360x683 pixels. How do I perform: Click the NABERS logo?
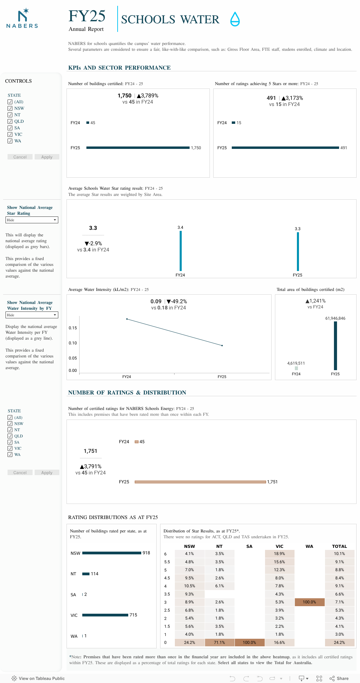tap(22, 19)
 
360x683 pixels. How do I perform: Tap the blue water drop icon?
tap(235, 19)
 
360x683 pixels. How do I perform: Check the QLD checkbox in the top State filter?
tap(10, 121)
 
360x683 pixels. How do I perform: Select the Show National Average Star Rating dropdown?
tap(32, 220)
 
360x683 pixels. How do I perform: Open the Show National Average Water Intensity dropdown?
tap(32, 315)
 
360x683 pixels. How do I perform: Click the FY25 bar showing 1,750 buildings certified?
tap(138, 148)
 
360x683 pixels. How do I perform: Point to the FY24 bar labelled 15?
tap(233, 123)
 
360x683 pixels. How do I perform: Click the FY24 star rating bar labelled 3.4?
tap(181, 251)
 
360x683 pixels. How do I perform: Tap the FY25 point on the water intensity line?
tap(222, 345)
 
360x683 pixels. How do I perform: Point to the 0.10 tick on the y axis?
tap(73, 343)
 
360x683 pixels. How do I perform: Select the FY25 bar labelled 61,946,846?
tap(335, 345)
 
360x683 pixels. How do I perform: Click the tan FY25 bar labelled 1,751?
tap(200, 482)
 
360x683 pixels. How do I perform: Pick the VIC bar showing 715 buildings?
tap(105, 615)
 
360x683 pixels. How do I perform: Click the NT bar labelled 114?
tap(86, 574)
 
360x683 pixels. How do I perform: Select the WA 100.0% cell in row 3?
tap(309, 602)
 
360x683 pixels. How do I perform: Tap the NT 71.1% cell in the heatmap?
tap(219, 643)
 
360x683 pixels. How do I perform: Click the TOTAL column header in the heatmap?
tap(339, 546)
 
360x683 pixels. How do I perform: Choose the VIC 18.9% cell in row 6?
tap(279, 554)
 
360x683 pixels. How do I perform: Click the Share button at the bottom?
tap(339, 678)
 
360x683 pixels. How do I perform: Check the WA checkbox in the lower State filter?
tap(10, 455)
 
